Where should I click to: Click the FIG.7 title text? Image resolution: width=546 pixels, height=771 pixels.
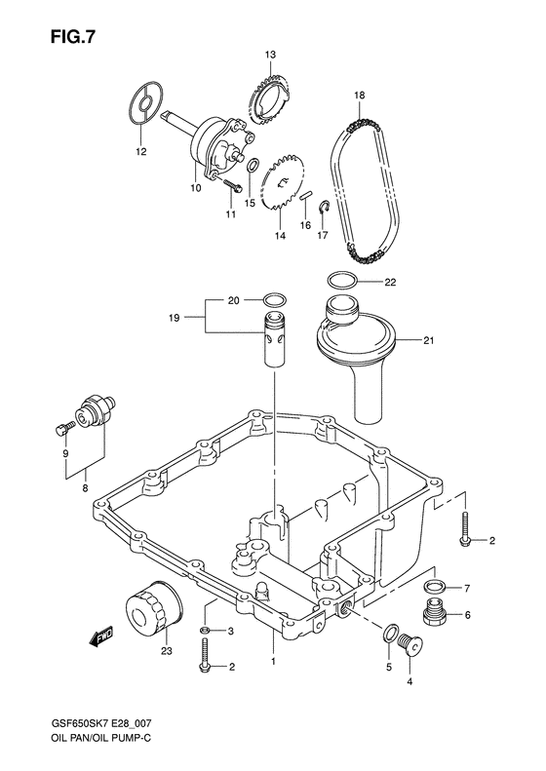72,37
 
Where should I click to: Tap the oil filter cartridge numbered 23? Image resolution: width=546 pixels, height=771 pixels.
154,608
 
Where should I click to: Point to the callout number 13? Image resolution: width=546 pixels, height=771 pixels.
270,55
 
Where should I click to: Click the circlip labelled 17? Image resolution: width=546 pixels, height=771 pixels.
323,208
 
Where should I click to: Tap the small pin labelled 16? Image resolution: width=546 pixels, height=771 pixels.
304,195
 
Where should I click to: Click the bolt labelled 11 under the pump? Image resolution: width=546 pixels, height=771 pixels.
232,185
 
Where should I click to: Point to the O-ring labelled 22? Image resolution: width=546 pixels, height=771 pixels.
342,281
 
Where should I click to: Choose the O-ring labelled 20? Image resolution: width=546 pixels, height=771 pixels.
274,300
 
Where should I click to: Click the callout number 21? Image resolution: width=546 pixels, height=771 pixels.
428,340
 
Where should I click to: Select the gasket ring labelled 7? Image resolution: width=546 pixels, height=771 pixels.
434,586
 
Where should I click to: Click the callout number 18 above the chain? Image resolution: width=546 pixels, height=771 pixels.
360,96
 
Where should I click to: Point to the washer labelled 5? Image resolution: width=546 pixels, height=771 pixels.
389,634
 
